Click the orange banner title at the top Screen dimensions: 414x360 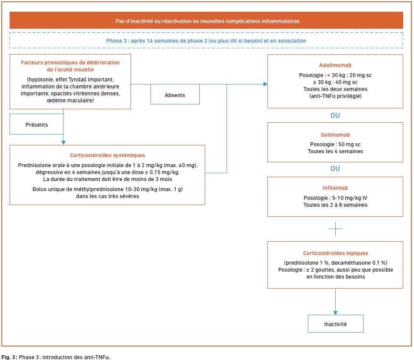point(207,21)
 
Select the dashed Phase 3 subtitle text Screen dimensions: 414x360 point(206,41)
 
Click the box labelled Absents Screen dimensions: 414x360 point(175,94)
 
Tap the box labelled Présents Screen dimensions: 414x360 point(37,124)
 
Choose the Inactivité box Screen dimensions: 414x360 point(335,324)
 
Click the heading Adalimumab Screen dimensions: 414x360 point(335,65)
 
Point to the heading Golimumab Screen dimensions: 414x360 point(335,135)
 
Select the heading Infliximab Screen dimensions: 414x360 point(335,188)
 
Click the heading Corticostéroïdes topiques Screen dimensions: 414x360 point(335,253)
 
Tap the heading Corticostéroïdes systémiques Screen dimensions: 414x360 point(107,155)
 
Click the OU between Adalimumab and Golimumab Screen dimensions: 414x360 point(335,115)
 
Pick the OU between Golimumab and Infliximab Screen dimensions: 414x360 point(335,168)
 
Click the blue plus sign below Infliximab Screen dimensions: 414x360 point(335,229)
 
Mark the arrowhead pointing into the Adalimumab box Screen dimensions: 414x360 point(265,84)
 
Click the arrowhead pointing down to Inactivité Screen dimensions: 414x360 point(335,313)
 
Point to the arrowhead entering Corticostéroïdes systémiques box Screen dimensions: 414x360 point(63,143)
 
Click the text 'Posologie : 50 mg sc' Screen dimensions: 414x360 point(335,145)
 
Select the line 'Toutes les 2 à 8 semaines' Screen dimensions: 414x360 point(335,205)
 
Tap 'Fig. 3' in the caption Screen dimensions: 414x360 point(9,357)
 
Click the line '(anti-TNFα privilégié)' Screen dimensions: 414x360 point(335,96)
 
